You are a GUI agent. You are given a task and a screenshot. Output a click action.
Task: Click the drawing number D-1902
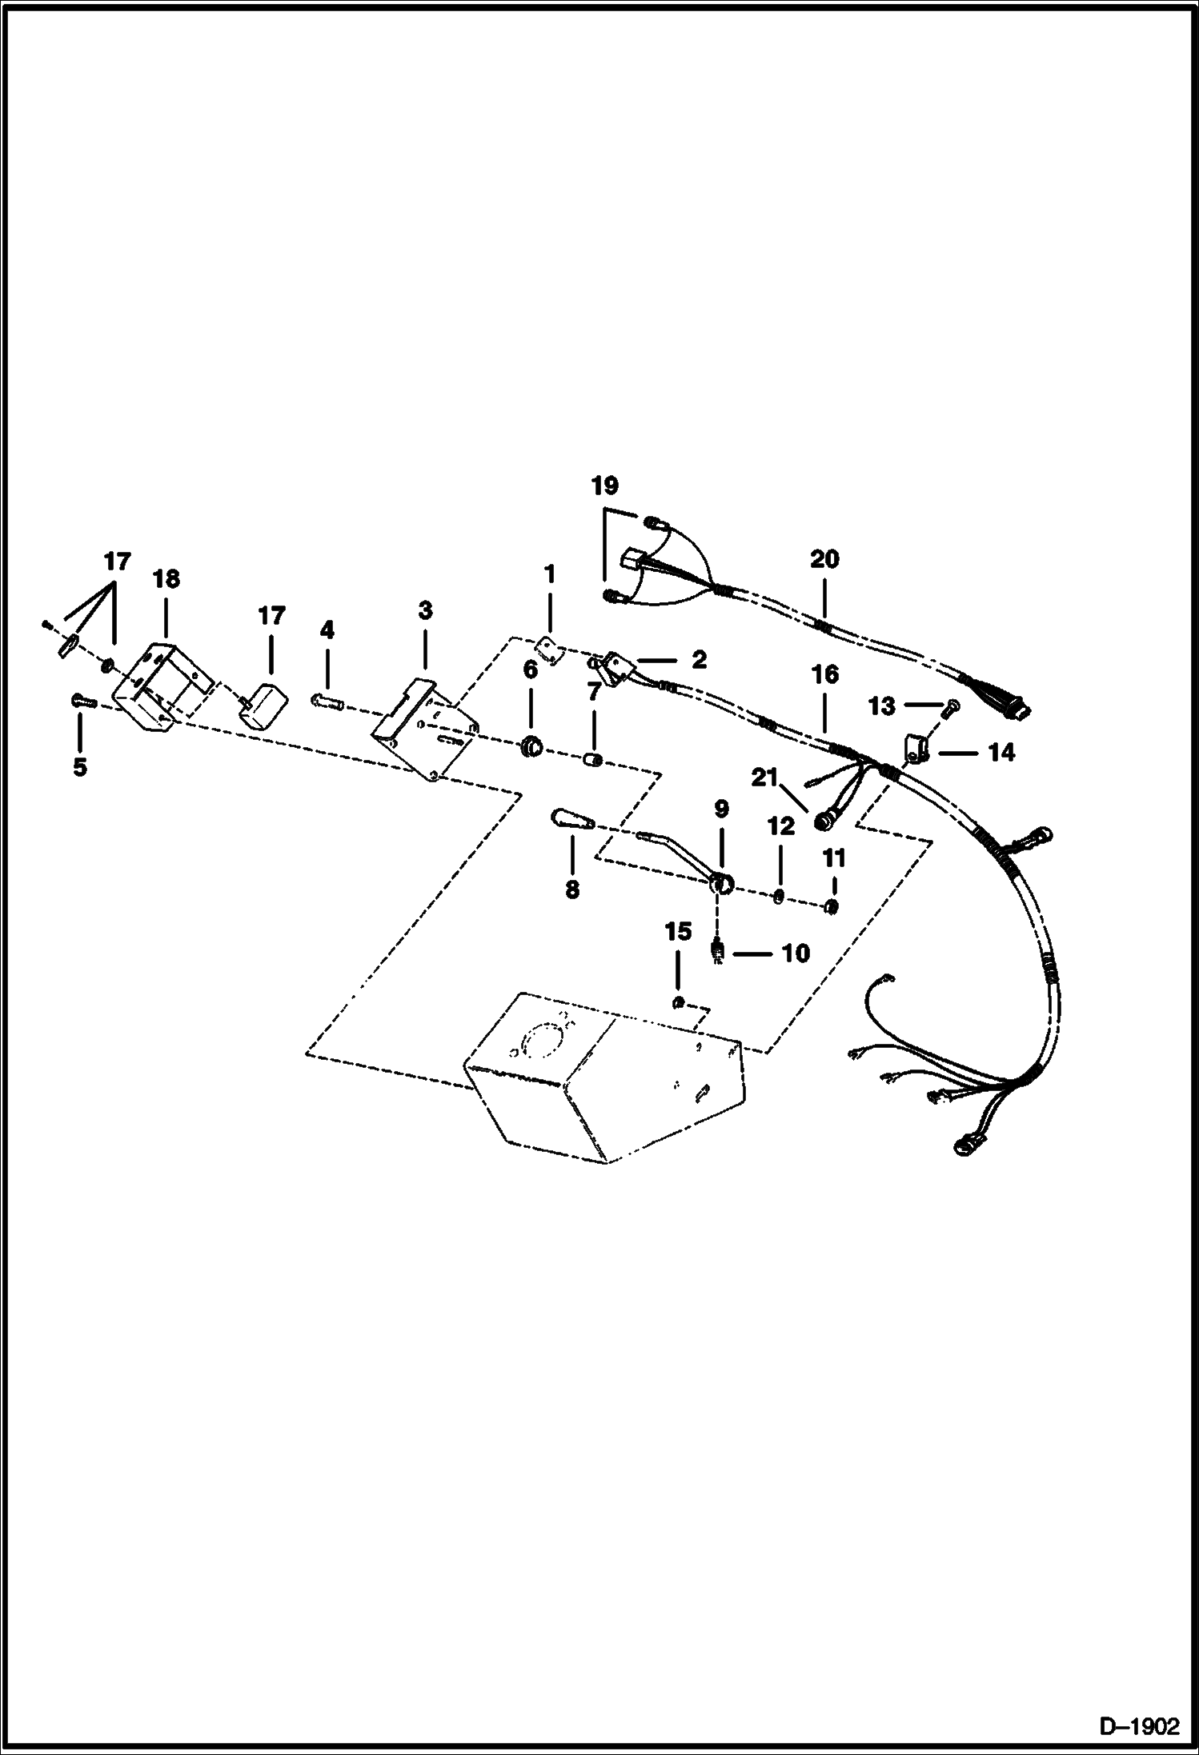1140,1725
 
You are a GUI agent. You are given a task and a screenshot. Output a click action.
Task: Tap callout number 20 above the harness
824,559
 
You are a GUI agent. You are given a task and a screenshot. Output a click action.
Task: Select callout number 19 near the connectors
605,486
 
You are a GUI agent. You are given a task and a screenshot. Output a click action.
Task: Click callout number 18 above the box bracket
166,578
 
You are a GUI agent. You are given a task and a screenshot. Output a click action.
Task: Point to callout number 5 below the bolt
79,767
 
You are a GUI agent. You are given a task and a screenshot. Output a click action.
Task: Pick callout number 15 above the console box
677,933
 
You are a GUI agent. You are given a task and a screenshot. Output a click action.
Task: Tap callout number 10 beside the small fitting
796,953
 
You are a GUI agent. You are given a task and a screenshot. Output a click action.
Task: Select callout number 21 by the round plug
764,777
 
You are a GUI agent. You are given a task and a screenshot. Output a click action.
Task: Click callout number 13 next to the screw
881,706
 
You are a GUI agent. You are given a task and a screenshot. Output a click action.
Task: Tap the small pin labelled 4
328,702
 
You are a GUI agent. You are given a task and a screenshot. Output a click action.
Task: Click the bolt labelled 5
82,702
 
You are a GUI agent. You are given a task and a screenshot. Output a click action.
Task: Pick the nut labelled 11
832,906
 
